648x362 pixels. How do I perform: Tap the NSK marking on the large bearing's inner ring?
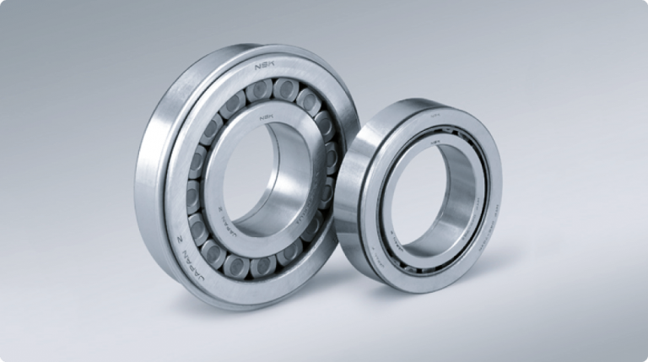pyautogui.click(x=267, y=117)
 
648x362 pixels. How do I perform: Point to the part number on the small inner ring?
pyautogui.click(x=472, y=203)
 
